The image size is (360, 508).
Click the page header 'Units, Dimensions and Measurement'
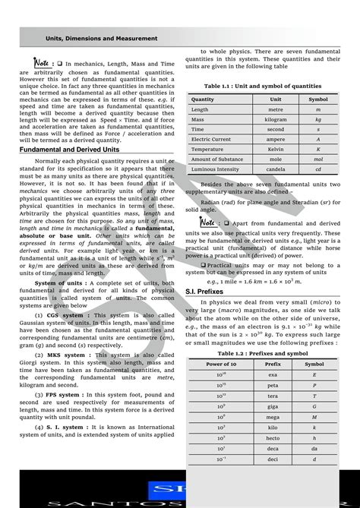(101, 38)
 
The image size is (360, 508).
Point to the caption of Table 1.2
(262, 353)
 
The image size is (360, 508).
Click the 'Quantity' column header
(203, 99)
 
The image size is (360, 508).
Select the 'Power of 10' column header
(221, 364)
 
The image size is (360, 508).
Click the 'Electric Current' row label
(211, 139)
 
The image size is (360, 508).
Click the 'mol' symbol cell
(318, 159)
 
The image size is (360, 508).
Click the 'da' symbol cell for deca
(314, 449)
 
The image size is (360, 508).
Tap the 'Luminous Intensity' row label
(214, 169)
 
